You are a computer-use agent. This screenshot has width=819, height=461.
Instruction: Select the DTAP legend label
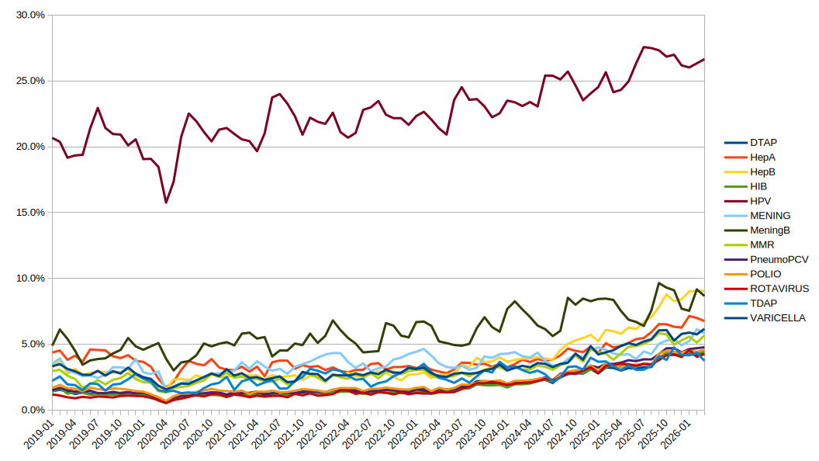pyautogui.click(x=763, y=142)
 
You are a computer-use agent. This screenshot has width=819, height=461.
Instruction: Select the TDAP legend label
pyautogui.click(x=763, y=303)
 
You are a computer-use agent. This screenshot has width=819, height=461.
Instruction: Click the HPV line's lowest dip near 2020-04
pyautogui.click(x=166, y=203)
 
